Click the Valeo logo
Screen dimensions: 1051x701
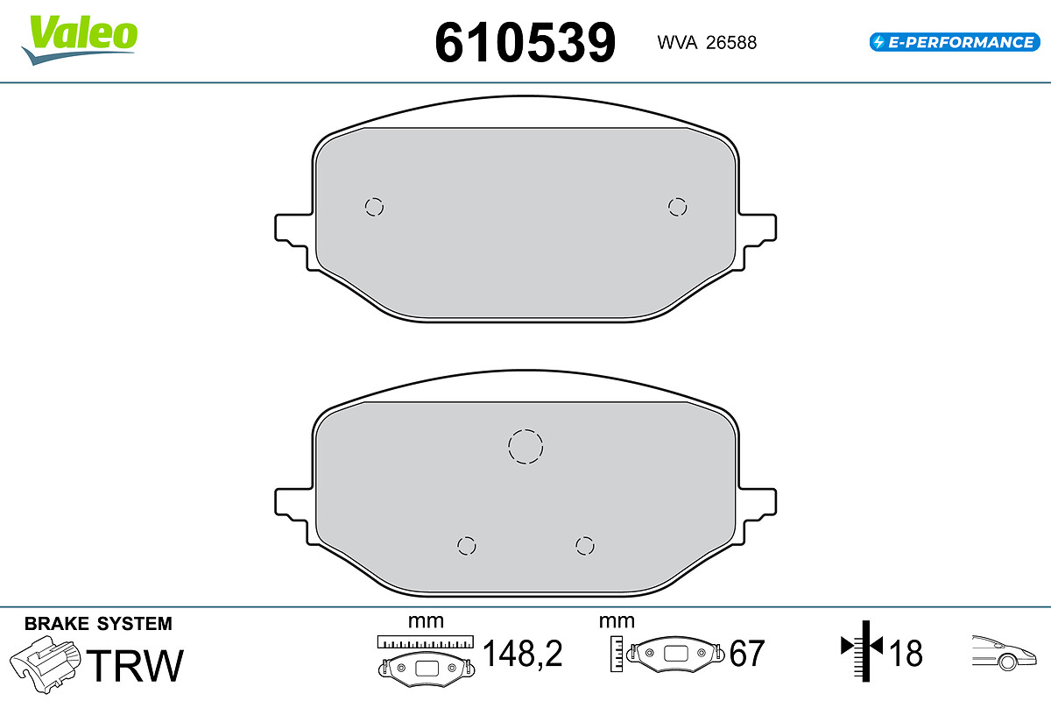(x=80, y=40)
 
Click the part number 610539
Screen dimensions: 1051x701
(x=525, y=43)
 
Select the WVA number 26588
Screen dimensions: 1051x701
(x=731, y=43)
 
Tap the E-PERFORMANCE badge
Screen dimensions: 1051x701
(x=955, y=42)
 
